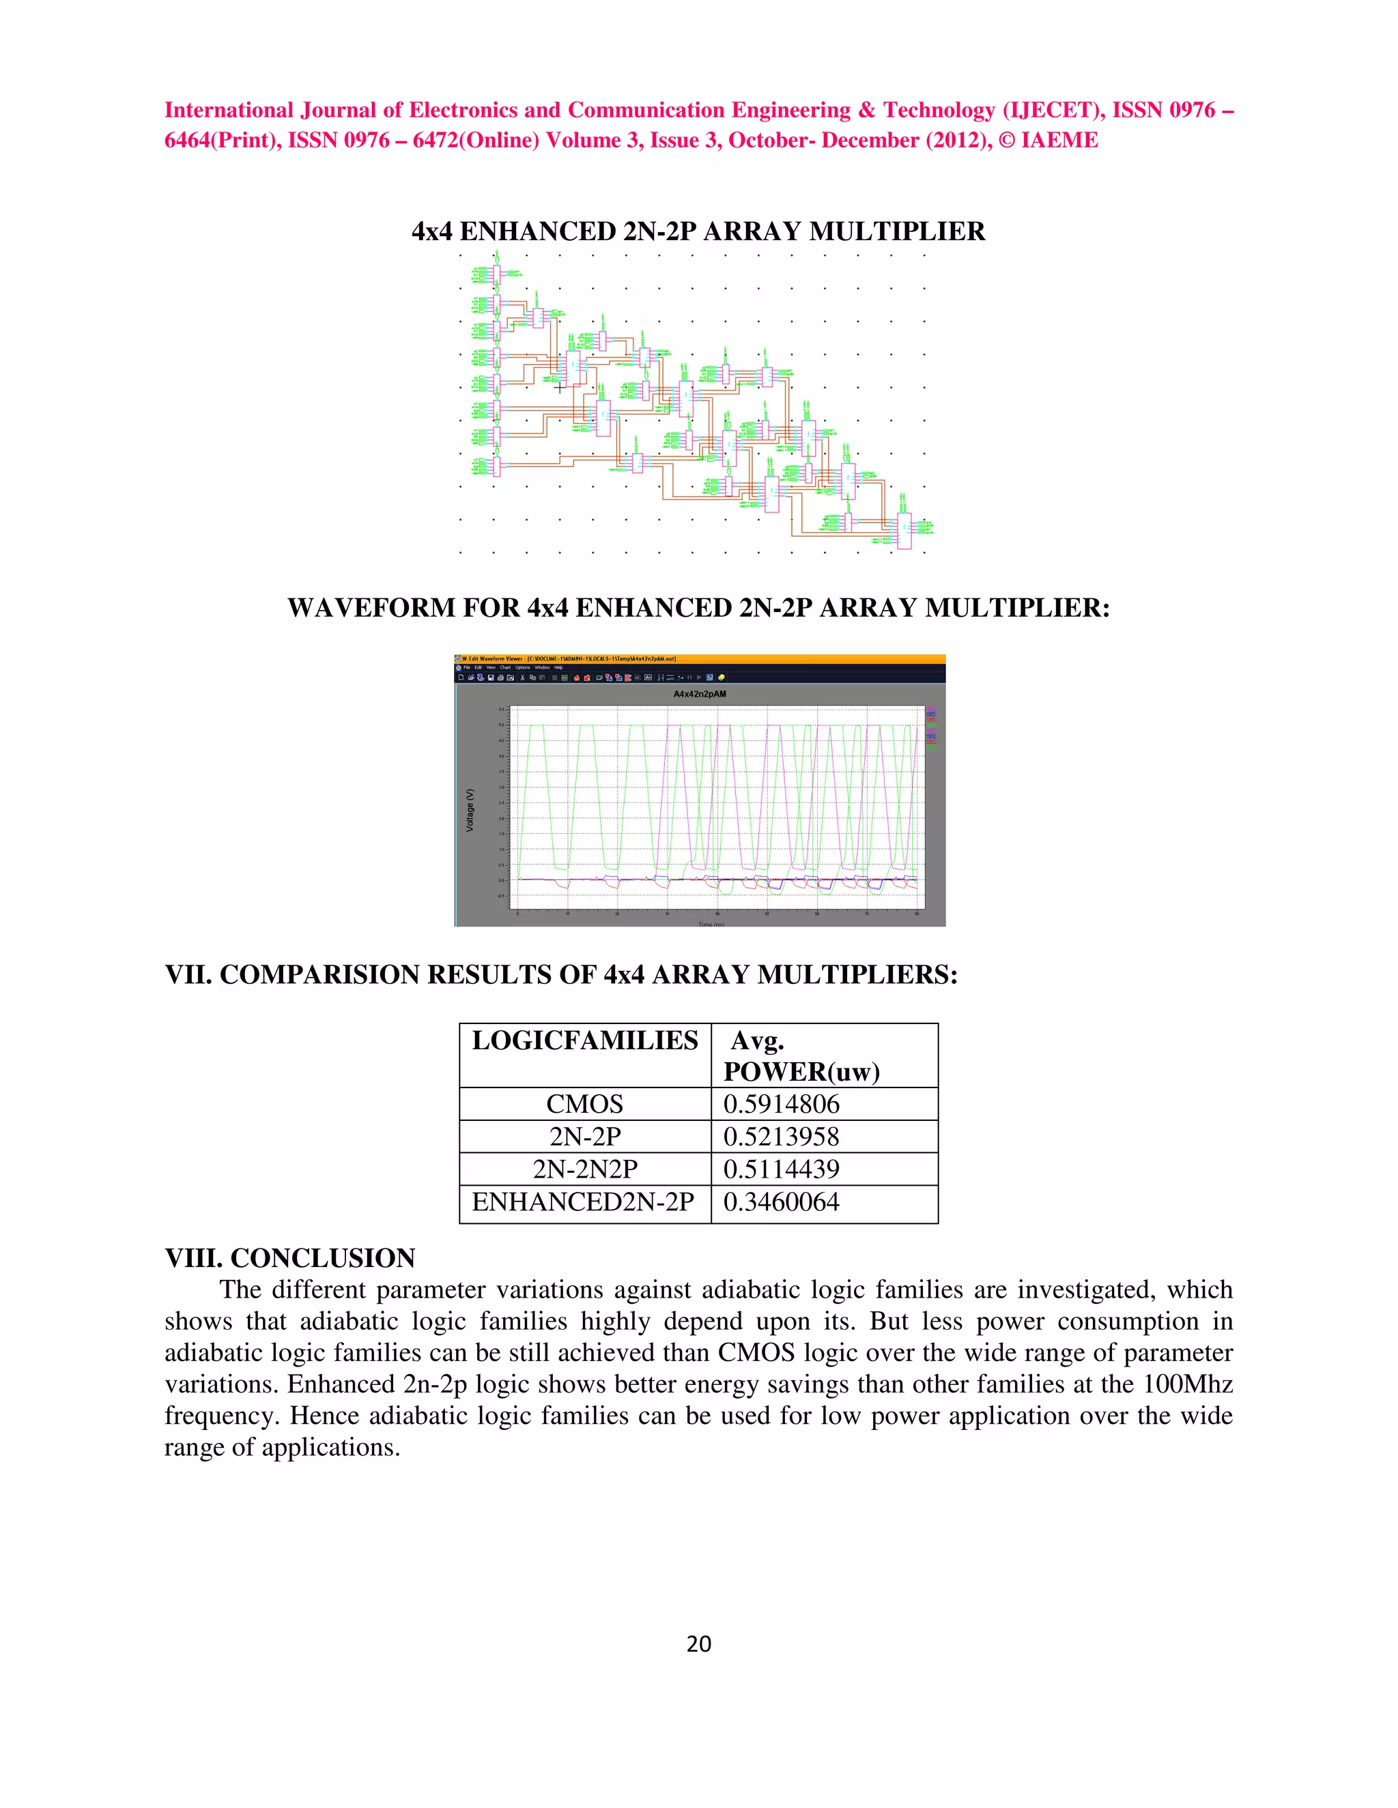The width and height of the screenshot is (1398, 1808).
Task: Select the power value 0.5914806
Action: (781, 1105)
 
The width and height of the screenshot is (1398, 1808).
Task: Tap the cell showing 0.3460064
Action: (781, 1202)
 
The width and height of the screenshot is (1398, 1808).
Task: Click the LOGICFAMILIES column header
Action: (585, 1040)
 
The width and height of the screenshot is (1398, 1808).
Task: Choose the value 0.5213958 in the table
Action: (781, 1137)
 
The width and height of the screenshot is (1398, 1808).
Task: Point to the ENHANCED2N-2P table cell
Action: (583, 1202)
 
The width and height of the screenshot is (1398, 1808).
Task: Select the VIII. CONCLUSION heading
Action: (290, 1258)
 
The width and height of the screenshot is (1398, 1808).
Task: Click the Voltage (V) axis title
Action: (470, 810)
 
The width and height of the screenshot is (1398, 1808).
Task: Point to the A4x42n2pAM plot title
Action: (699, 694)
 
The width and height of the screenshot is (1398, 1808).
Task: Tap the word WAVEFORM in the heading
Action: (371, 608)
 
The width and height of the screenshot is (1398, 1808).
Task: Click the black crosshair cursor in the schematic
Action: (560, 385)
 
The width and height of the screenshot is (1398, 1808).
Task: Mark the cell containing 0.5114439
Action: (781, 1169)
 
